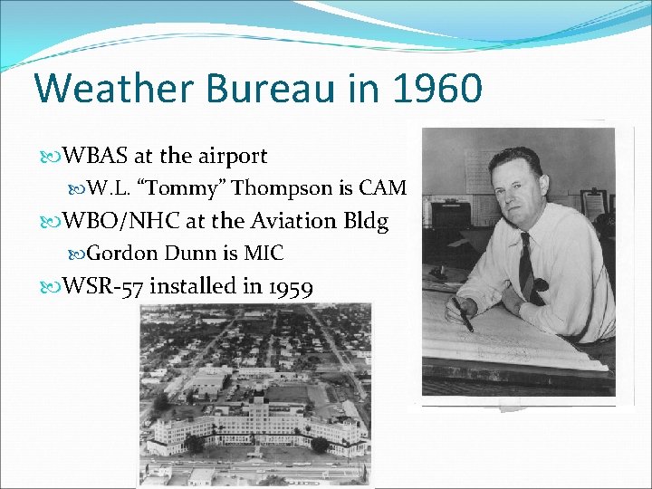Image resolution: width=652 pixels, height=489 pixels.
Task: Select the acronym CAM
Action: point(383,188)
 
